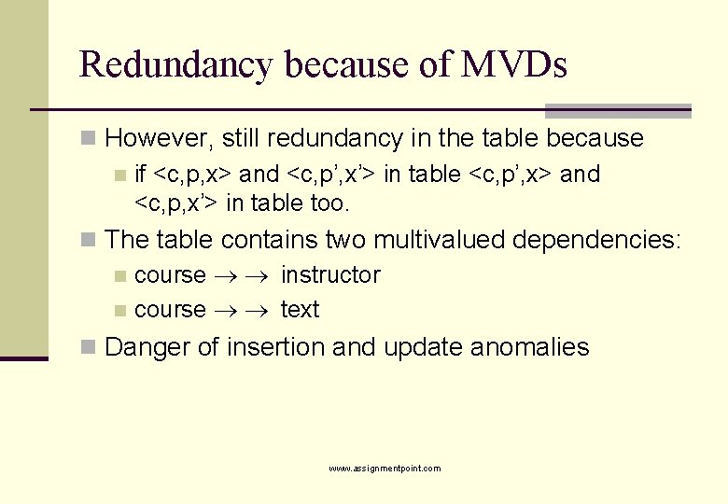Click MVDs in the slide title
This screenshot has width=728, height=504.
(513, 65)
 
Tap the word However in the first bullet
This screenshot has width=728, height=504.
(161, 139)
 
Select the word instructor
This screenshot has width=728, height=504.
(330, 275)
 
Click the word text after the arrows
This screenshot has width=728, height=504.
(300, 310)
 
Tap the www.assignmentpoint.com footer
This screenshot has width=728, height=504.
(385, 469)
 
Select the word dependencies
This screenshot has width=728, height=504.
(597, 240)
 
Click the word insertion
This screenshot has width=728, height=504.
(273, 348)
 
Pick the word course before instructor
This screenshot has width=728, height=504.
(170, 275)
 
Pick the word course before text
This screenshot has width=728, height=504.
(170, 310)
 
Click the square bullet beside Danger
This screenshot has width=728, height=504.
(89, 348)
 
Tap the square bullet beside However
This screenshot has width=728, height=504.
(89, 139)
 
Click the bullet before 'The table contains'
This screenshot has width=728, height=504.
(89, 240)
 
